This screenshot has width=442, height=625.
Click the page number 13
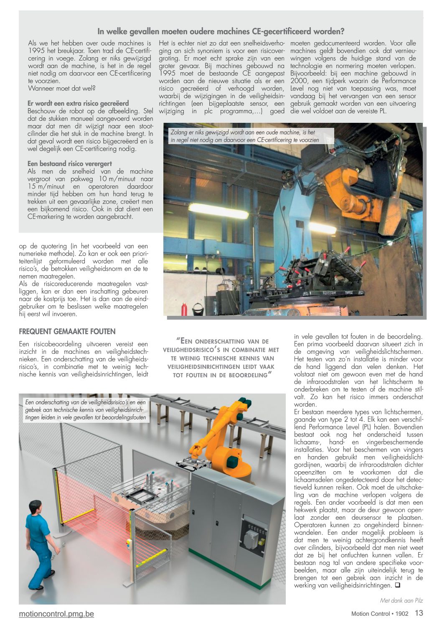click(419, 613)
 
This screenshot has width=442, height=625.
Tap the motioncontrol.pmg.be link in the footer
click(56, 614)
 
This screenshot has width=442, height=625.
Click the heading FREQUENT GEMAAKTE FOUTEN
click(67, 332)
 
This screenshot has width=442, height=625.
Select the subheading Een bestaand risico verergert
click(70, 164)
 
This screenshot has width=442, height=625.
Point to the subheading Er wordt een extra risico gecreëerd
click(78, 103)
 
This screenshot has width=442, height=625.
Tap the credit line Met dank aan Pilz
click(401, 600)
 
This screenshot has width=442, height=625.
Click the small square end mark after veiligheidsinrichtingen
click(397, 585)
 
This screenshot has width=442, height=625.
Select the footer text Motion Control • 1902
click(380, 614)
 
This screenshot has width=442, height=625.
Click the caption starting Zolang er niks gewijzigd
click(244, 136)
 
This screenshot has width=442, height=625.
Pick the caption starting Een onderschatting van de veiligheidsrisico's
click(86, 409)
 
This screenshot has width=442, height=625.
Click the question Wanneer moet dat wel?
click(62, 88)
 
